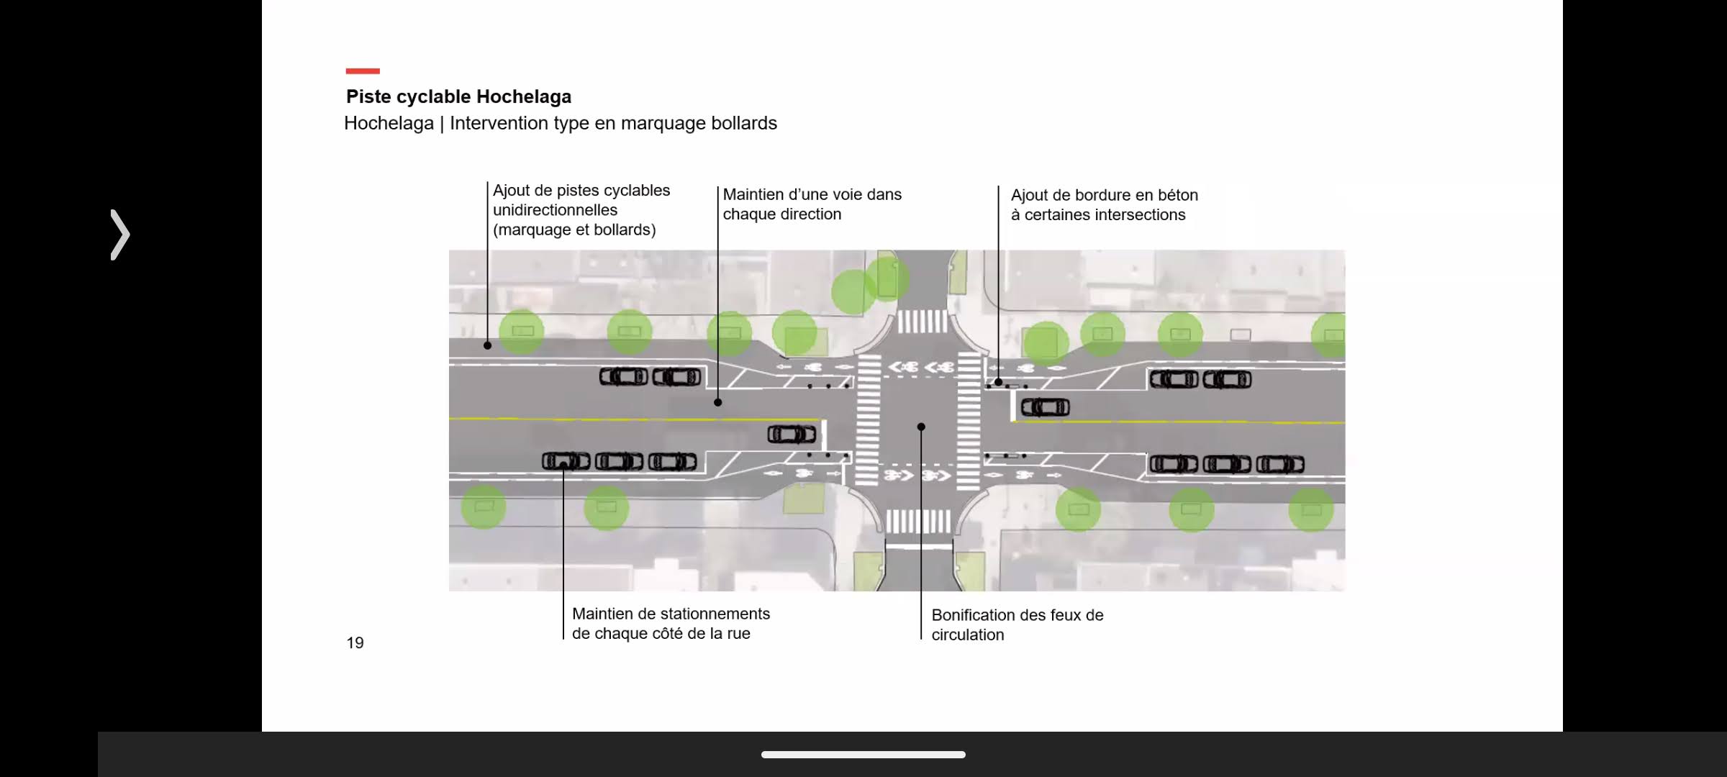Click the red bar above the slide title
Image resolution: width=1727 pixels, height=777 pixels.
tap(363, 71)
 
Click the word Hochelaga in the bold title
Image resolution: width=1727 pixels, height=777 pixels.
tap(523, 96)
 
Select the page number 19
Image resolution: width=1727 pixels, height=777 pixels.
tap(355, 642)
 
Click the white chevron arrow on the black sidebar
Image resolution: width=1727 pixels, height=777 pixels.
tap(120, 235)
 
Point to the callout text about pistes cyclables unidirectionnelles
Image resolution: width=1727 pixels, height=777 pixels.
tap(581, 210)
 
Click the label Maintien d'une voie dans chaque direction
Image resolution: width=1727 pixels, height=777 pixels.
tap(812, 204)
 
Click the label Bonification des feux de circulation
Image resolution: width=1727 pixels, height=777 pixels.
tap(1017, 624)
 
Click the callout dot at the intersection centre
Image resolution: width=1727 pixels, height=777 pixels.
tap(921, 427)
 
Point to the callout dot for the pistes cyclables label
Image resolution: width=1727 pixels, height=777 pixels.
tap(487, 345)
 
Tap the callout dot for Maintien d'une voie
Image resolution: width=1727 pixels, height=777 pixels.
tap(717, 402)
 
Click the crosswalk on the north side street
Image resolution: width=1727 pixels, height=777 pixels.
tap(923, 322)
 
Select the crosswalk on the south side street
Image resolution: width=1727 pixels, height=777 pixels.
tap(918, 521)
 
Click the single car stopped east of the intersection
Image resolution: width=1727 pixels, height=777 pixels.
tap(1045, 408)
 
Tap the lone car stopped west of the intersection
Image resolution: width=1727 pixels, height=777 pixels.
tap(792, 435)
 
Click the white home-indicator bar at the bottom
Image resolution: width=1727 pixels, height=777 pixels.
tap(863, 755)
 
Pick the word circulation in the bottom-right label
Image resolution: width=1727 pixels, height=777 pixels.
tap(967, 635)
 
